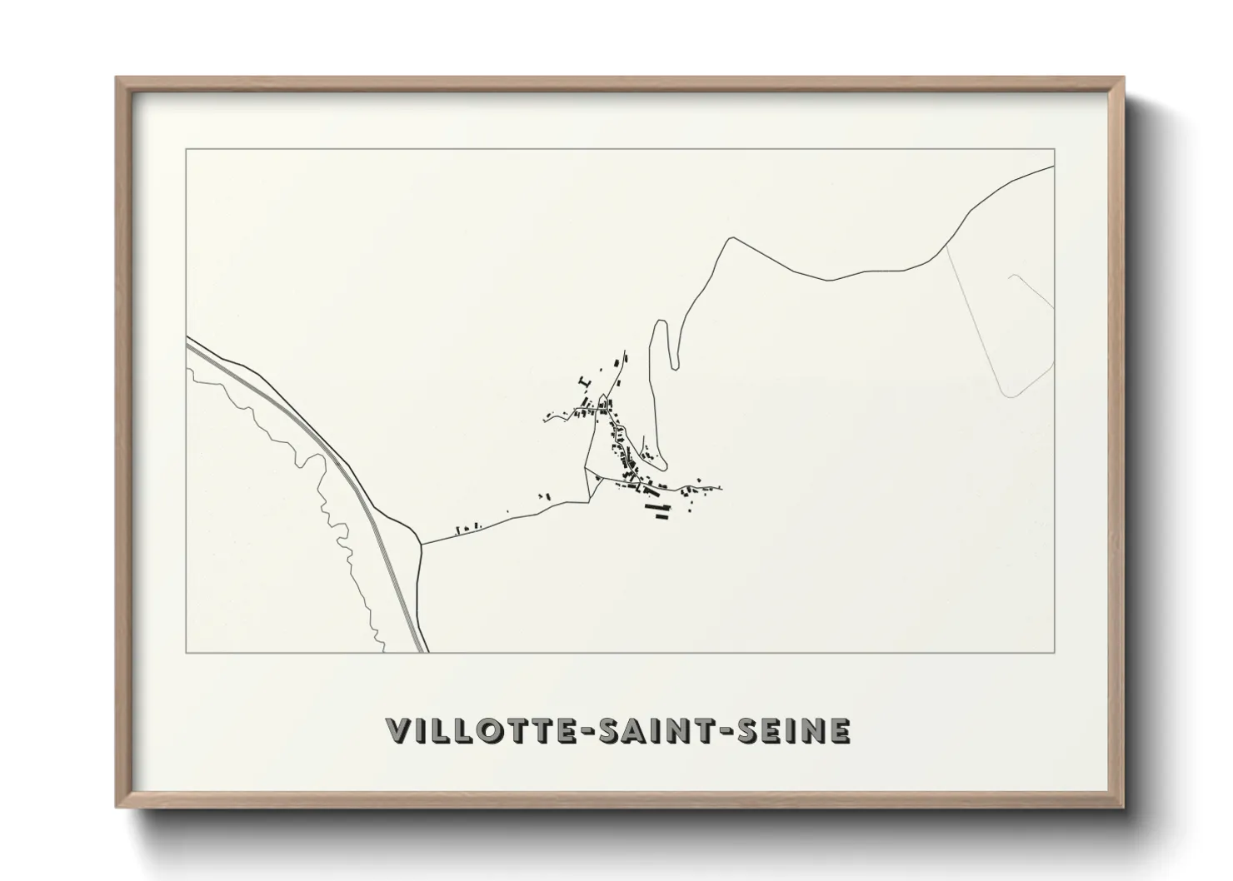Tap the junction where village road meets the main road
422,545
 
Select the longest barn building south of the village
656,505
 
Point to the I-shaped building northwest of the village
583,381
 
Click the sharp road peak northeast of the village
731,238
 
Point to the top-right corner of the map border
1055,149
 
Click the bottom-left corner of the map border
187,652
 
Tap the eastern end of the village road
721,489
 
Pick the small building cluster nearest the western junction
468,527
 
